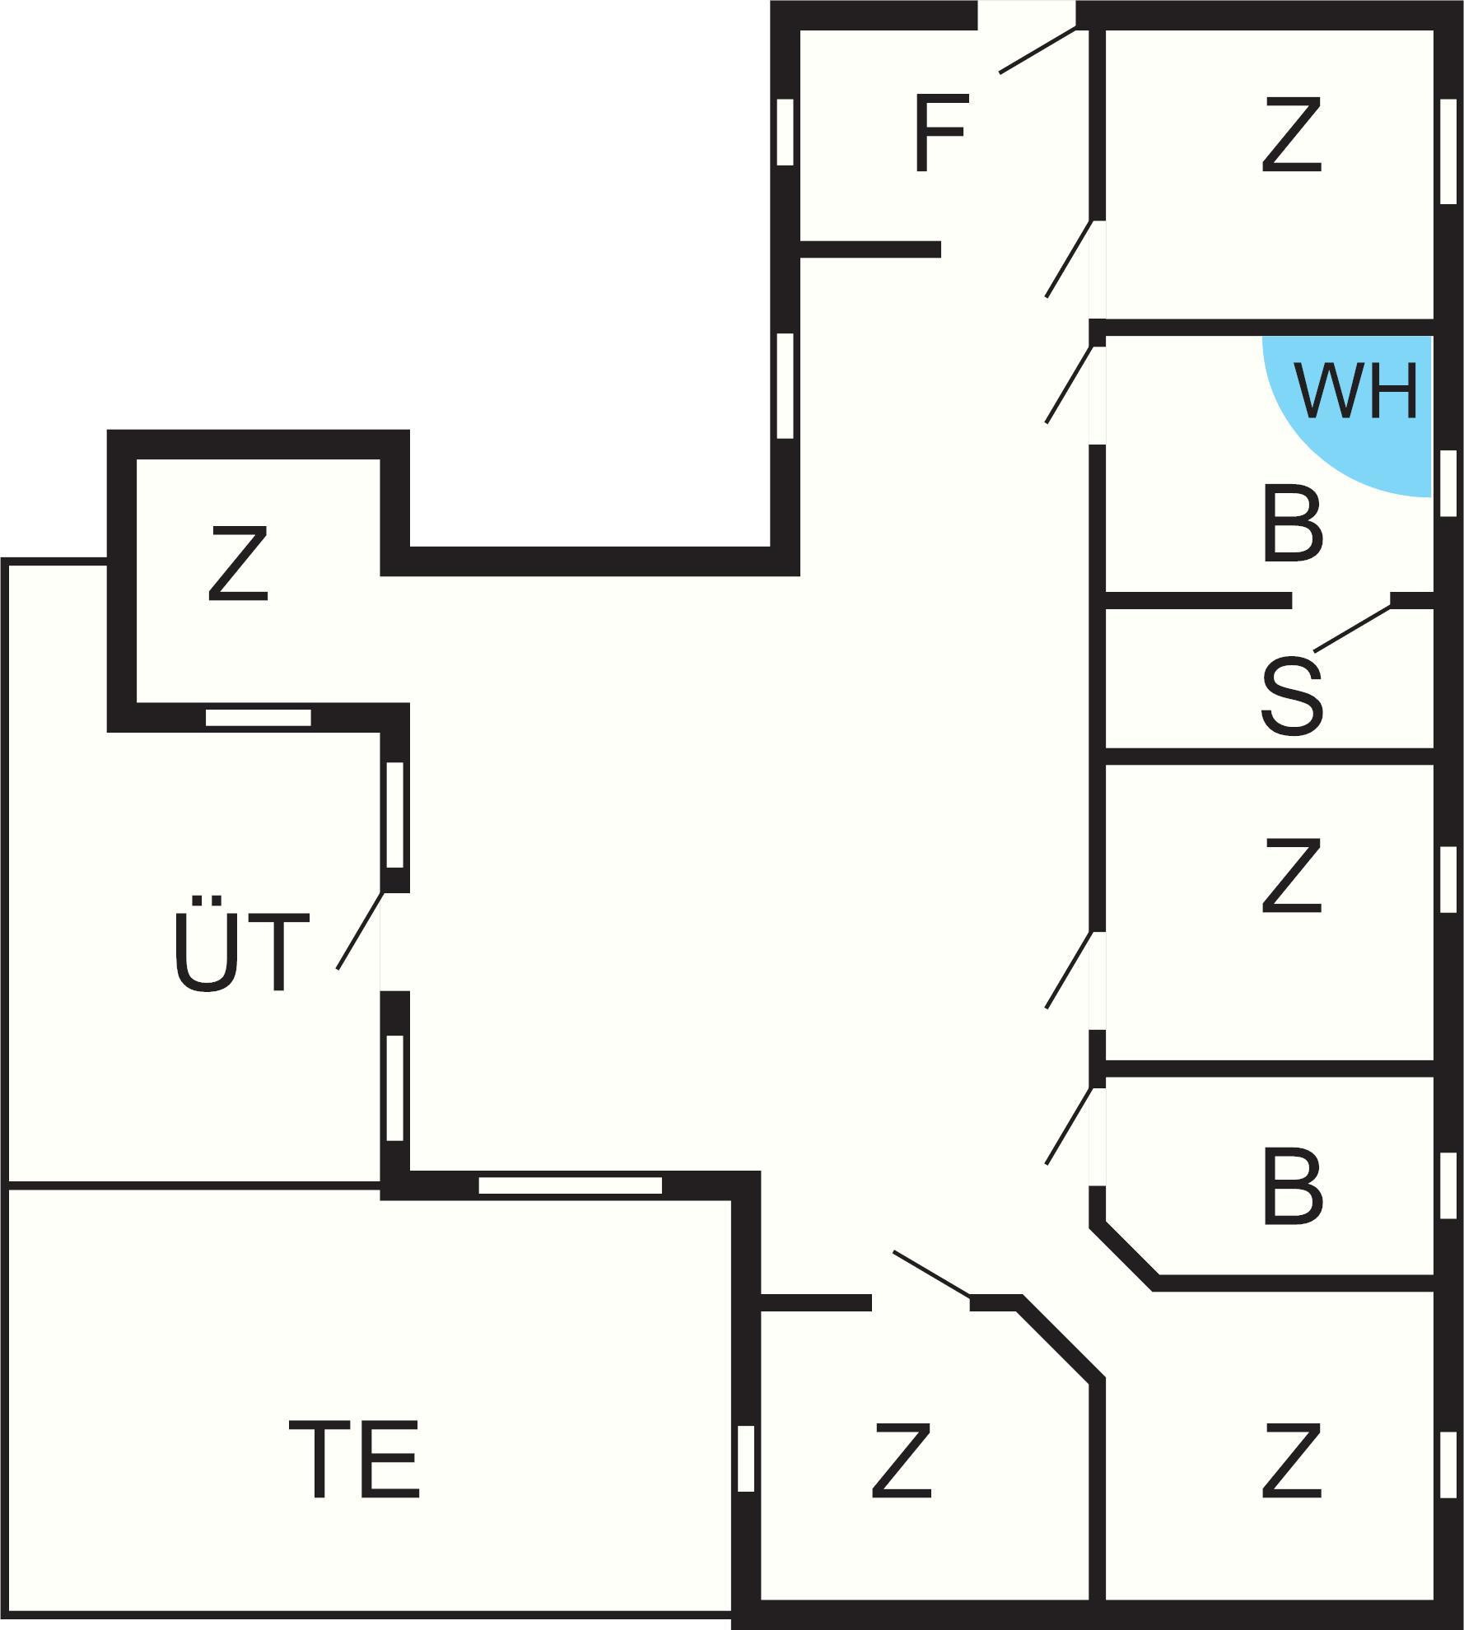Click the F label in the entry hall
point(939,133)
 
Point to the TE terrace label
point(354,1460)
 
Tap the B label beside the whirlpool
point(1291,526)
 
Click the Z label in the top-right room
point(1291,136)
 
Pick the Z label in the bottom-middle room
point(902,1460)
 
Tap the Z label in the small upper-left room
point(238,564)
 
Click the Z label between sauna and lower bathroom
point(1291,877)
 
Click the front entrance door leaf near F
point(1037,50)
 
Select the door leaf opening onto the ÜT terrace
point(361,930)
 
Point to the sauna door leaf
point(1352,630)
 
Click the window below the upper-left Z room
point(258,717)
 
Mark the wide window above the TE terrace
point(570,1186)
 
